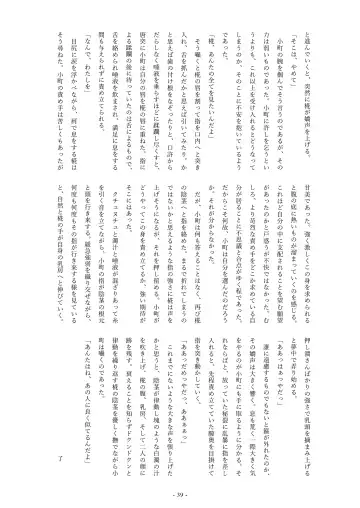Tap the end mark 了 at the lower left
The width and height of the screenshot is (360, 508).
click(61, 457)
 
